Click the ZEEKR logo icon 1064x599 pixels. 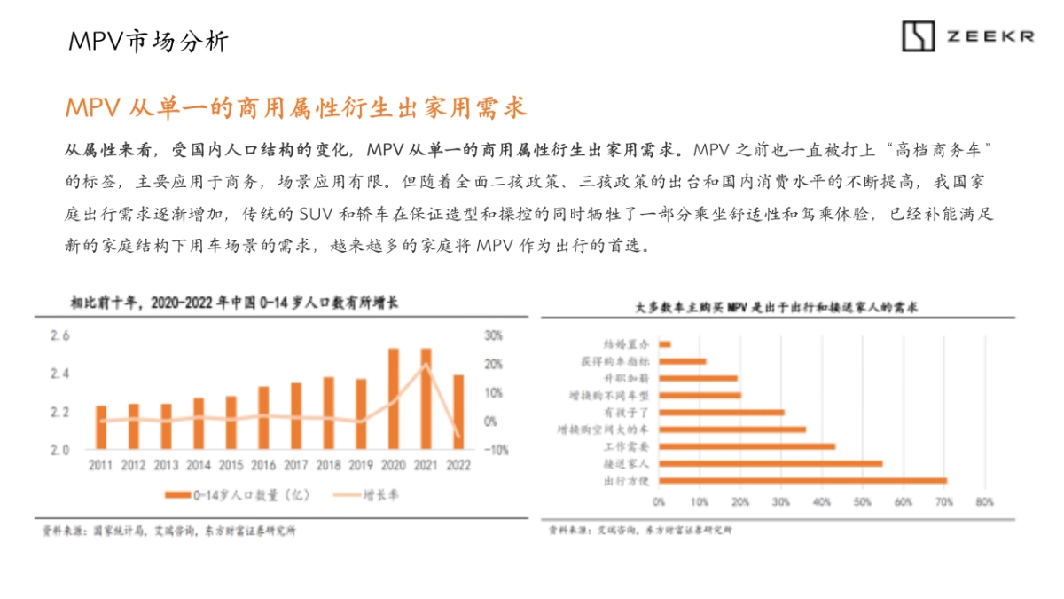point(919,36)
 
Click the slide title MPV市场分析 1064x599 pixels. point(148,41)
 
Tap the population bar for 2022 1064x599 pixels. point(458,412)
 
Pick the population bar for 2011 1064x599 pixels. point(101,427)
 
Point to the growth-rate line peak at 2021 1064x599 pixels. point(426,365)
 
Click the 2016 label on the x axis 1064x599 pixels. point(263,465)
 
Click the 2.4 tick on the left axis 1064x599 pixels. point(59,374)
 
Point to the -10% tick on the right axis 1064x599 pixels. point(496,450)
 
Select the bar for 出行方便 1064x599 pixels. point(803,480)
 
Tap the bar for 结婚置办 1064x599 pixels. point(665,344)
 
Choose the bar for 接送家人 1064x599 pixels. point(771,463)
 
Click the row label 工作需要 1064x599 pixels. point(629,446)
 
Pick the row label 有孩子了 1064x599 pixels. point(629,413)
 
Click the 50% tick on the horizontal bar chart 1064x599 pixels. point(862,501)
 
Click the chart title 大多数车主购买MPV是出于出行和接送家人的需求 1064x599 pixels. point(777,307)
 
